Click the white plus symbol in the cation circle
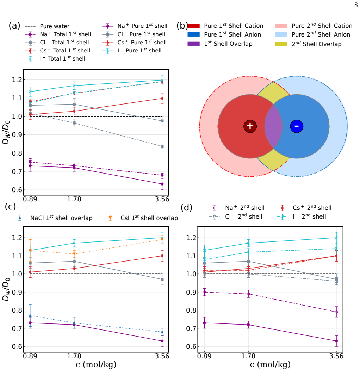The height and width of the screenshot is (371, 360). pos(250,126)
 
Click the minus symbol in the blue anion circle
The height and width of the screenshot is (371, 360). pos(297,126)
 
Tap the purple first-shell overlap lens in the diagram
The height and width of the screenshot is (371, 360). pos(273,126)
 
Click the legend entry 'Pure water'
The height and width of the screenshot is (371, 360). pos(47,26)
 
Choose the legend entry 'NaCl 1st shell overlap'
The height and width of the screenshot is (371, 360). pos(53,218)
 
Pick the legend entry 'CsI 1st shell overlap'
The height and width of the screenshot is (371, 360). pos(141,218)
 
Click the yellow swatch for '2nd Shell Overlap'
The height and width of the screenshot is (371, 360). pos(281,44)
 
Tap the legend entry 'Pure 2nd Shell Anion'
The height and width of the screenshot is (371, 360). pos(313,34)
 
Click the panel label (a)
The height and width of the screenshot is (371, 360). pos(14,25)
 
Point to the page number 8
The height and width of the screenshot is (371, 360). pos(356,5)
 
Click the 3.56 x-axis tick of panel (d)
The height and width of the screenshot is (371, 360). pos(336,356)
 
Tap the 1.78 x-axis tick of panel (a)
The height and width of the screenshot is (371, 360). pos(74,199)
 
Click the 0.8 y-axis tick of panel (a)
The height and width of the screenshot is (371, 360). pos(17,153)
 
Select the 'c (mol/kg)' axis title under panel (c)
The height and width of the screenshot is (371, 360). pos(96,364)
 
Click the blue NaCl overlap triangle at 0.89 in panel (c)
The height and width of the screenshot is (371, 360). pos(30,316)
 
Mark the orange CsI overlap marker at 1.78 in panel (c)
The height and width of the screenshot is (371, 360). pos(74,254)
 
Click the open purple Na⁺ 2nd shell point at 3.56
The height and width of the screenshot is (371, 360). pos(336,312)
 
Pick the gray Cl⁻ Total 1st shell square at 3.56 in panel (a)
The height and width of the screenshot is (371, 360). pos(162,146)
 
